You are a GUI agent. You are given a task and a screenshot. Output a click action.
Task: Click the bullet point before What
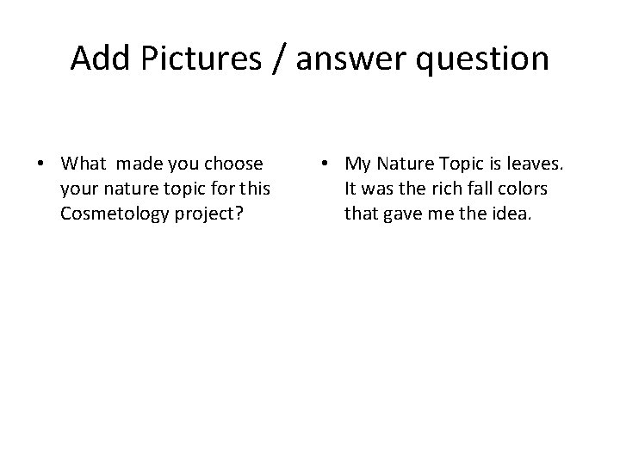(x=41, y=164)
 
